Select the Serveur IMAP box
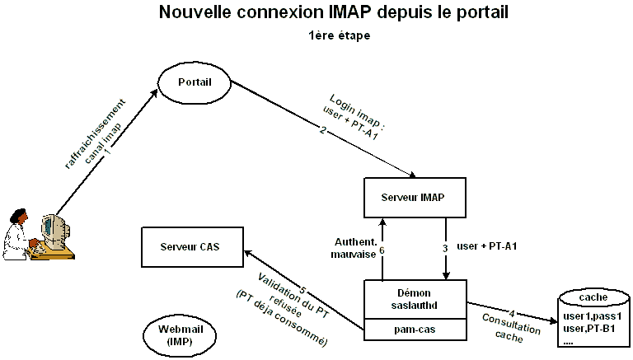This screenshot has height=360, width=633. point(415,198)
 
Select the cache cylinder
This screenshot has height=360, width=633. point(591,320)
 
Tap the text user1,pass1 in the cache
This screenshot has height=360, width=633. point(591,316)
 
